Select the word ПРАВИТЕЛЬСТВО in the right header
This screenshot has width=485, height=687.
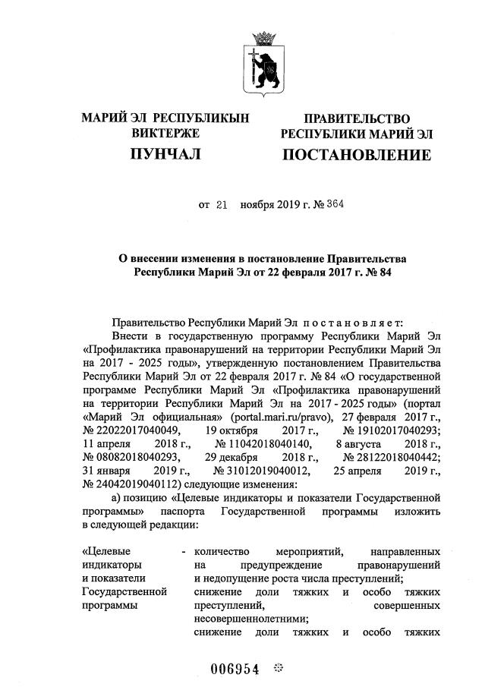click(x=357, y=119)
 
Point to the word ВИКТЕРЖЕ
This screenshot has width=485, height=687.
click(x=165, y=134)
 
